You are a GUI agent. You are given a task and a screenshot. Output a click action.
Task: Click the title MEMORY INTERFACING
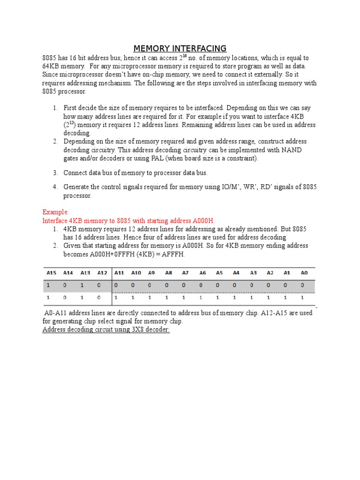pos(180,48)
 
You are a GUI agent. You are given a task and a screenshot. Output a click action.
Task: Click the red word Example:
pos(56,212)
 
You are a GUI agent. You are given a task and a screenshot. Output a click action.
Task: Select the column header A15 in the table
pos(50,272)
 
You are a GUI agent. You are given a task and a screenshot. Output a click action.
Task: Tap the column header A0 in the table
pos(304,272)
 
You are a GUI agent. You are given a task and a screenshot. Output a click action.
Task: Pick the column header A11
pos(119,272)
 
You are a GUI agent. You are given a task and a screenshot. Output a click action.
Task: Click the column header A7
pos(185,272)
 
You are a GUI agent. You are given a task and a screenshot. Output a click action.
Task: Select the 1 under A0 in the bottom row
pos(302,297)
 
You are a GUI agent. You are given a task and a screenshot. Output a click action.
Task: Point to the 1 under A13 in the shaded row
pos(82,285)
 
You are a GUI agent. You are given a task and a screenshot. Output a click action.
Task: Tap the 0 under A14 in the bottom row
pos(65,297)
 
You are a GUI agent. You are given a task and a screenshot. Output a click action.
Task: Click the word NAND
pos(292,150)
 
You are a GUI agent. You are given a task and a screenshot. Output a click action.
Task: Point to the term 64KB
pos(52,66)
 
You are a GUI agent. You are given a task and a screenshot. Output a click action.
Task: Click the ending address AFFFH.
pos(172,254)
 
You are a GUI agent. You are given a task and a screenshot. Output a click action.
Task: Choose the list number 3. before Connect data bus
pos(55,172)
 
